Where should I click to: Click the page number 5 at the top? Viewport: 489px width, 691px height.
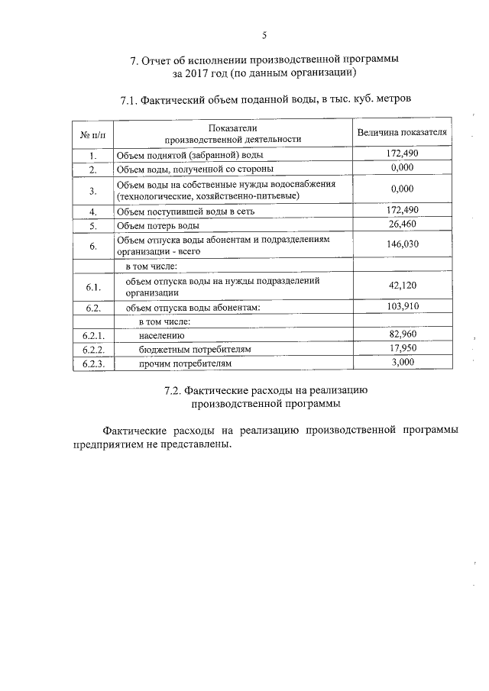tap(264, 34)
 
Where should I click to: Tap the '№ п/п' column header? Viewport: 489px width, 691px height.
tap(92, 134)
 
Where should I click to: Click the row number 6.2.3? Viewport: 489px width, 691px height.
tap(92, 364)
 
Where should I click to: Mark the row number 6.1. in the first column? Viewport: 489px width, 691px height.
tap(92, 287)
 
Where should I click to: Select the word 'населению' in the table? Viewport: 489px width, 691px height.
tap(161, 335)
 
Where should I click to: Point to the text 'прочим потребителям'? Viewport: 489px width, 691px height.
tap(184, 364)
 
